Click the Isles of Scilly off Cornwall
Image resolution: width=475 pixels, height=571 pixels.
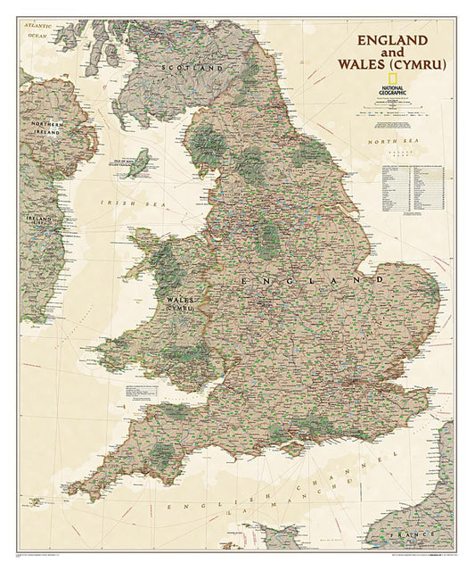[x=53, y=505]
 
